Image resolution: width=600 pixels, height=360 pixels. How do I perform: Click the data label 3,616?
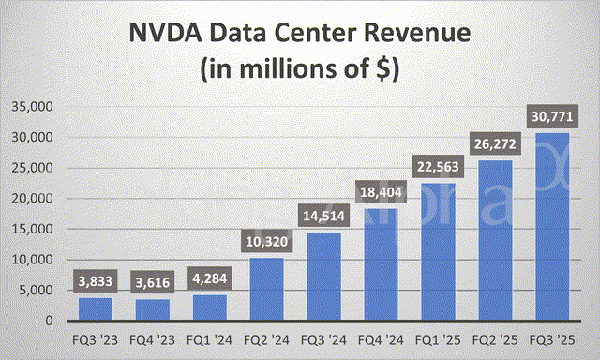(x=153, y=282)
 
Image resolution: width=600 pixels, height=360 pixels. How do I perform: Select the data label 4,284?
(x=210, y=278)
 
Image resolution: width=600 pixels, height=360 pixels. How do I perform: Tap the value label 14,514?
(x=323, y=217)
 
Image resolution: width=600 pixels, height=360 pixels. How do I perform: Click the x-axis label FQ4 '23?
(x=153, y=338)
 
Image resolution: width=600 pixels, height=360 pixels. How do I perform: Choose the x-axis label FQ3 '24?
(x=323, y=338)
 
